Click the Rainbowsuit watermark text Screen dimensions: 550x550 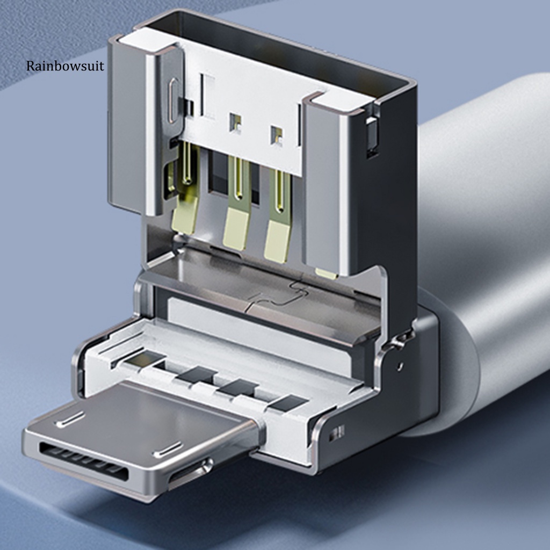(x=66, y=67)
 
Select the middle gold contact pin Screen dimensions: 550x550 (x=238, y=201)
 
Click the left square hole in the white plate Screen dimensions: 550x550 (x=235, y=122)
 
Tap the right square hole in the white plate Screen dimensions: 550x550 (x=277, y=135)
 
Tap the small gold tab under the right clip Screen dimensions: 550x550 (x=326, y=273)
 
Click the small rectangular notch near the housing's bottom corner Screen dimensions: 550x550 (x=337, y=433)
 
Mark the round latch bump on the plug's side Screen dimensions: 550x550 (x=207, y=463)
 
